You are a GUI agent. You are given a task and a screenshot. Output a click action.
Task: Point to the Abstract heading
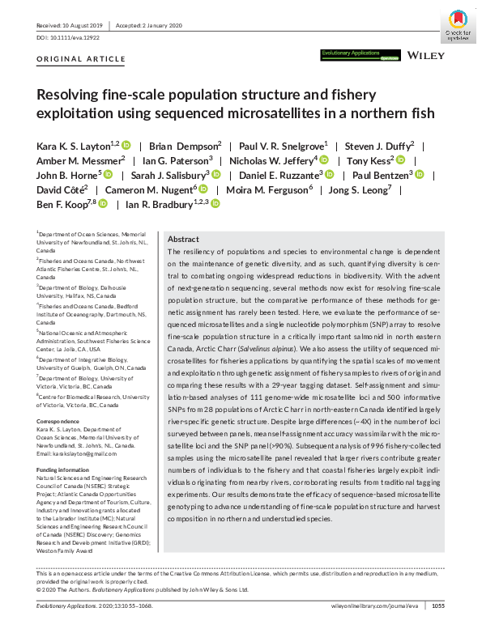[x=183, y=240]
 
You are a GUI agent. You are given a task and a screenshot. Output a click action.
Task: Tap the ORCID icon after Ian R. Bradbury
[x=215, y=205]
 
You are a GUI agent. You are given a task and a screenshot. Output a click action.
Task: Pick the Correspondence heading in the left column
[x=60, y=399]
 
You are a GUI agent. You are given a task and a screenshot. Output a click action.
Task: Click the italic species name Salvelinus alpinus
[x=284, y=337]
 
